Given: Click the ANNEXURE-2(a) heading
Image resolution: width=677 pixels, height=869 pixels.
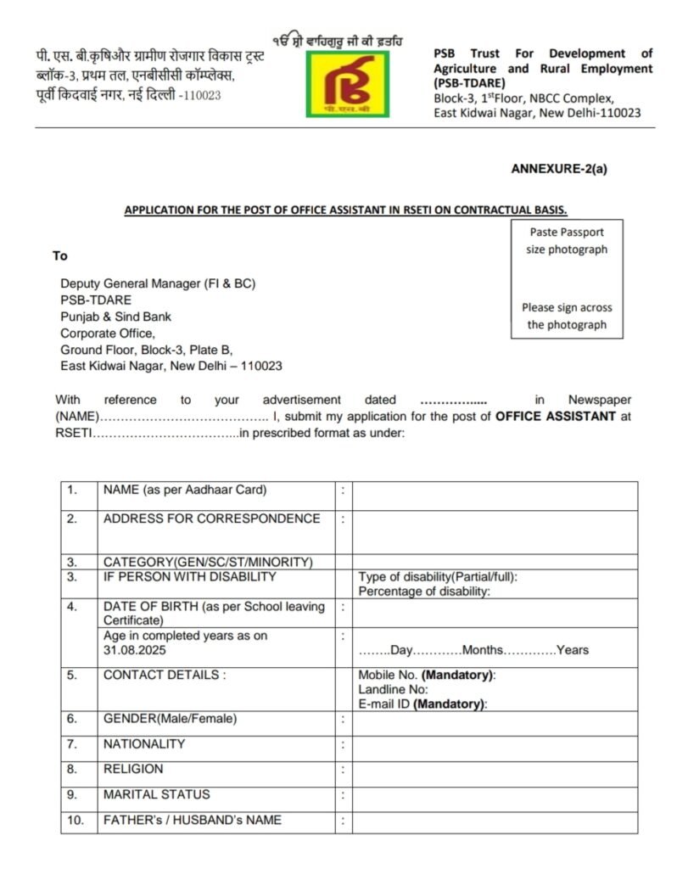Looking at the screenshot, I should tap(559, 168).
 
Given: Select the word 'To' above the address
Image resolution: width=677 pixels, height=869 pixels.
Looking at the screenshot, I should tap(59, 255).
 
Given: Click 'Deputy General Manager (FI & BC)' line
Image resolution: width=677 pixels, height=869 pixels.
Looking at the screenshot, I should tap(158, 283).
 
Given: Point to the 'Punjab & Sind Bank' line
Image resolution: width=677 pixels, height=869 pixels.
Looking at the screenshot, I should tap(115, 317).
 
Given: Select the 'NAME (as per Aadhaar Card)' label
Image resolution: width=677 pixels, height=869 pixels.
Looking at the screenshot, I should tap(185, 490).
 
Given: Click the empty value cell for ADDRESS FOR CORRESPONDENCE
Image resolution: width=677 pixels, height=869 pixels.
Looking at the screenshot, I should tap(495, 532).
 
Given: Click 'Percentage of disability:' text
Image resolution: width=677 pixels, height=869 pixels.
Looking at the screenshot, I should tap(423, 591).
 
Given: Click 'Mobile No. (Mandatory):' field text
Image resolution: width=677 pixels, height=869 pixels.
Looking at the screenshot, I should tap(427, 676).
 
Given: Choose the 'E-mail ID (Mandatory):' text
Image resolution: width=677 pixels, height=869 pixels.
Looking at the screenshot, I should tap(422, 704).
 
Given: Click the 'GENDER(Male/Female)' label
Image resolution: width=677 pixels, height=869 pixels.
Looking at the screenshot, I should tap(170, 719).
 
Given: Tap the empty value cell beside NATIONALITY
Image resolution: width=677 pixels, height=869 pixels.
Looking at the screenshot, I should tap(495, 744).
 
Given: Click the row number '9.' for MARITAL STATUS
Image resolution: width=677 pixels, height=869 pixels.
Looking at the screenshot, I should tap(72, 794).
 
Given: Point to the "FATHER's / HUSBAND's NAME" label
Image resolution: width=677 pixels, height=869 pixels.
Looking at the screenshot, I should tap(193, 820).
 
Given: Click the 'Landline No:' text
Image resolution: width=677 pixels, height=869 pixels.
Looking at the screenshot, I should tap(393, 690).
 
